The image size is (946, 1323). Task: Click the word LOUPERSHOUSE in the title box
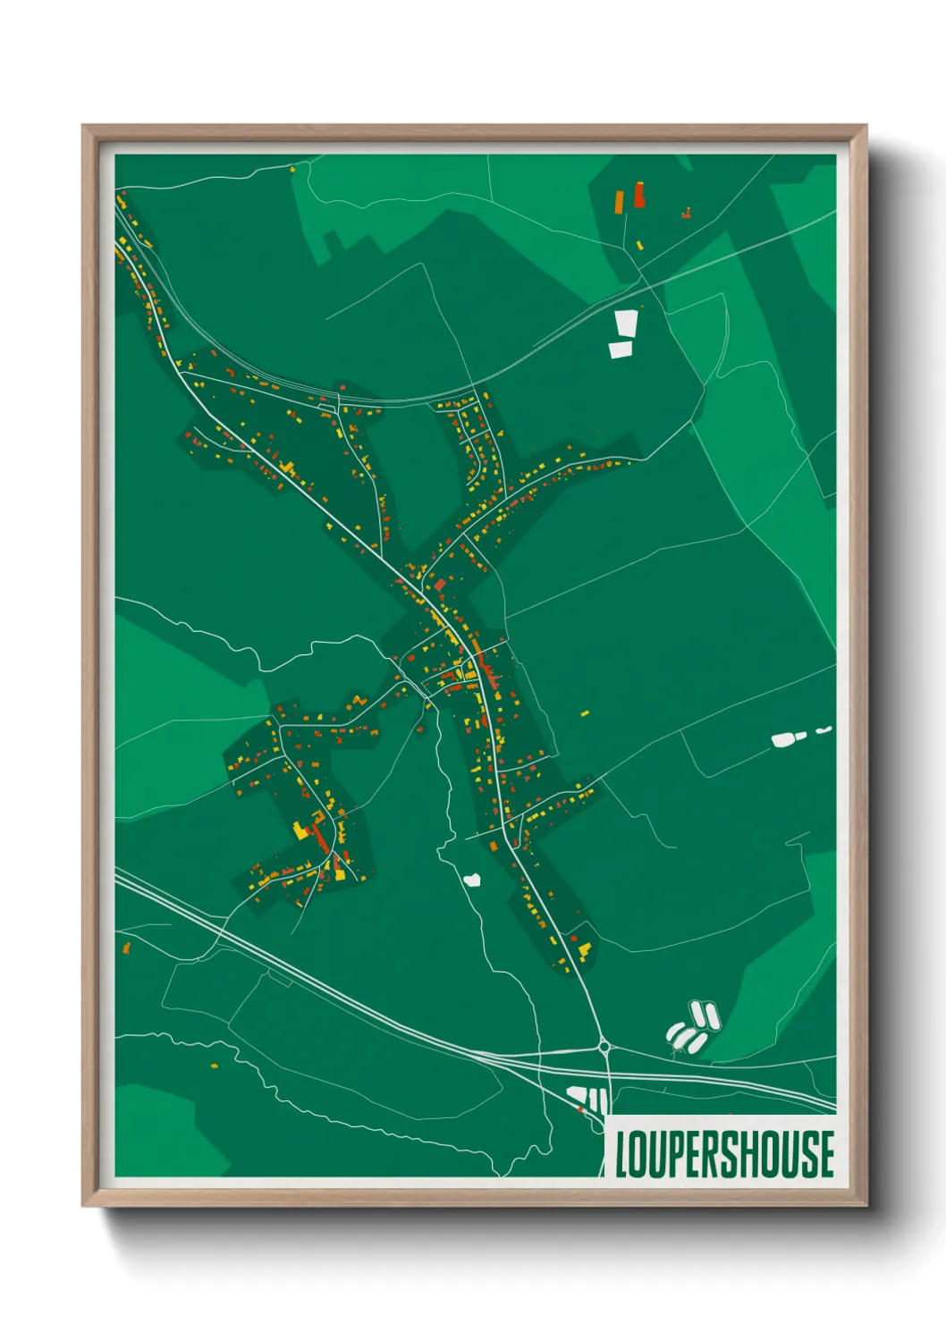coord(725,1154)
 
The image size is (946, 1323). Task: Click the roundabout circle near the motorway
coord(604,1046)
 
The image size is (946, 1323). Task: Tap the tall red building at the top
coord(639,195)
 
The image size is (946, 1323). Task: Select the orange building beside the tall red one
coord(619,201)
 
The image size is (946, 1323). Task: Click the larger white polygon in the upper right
coord(626,322)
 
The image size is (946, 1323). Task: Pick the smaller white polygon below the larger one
coord(621,350)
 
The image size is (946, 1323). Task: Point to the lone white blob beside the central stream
coord(472,880)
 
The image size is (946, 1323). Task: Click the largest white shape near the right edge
coord(784,739)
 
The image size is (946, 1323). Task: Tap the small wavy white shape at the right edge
coord(824,730)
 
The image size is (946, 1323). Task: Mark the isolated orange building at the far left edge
coord(126,946)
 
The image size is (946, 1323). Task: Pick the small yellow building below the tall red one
coord(639,245)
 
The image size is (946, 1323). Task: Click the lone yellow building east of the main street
coord(586,713)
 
